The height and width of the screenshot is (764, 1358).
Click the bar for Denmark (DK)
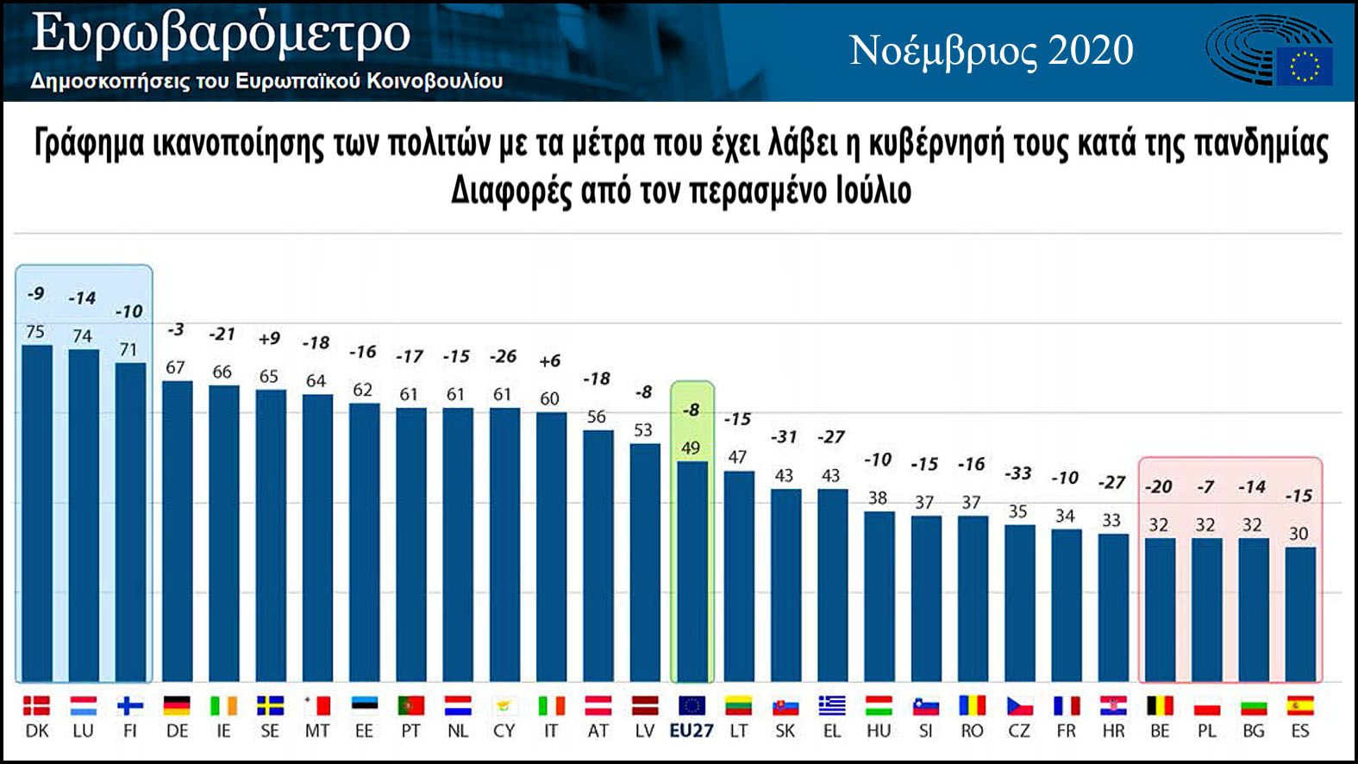[36, 513]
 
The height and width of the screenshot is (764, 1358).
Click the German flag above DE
[177, 706]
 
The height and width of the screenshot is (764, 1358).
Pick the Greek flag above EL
[832, 706]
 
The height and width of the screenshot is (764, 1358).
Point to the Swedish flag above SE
[270, 706]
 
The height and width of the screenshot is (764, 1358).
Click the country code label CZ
[1019, 731]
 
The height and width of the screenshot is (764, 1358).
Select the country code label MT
[317, 731]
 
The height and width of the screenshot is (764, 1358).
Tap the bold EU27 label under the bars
[692, 731]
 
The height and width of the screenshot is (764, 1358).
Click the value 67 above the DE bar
[176, 367]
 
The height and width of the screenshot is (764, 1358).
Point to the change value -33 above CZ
[1018, 473]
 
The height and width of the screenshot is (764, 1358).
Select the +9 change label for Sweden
[269, 338]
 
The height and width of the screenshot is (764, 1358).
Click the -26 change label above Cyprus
[503, 356]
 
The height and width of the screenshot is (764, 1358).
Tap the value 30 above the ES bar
[1299, 534]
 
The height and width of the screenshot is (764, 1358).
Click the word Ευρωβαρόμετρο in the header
[221, 34]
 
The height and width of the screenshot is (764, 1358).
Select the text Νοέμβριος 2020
[992, 51]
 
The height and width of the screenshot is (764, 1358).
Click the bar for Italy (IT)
[551, 548]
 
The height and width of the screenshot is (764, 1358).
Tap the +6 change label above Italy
[549, 361]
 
